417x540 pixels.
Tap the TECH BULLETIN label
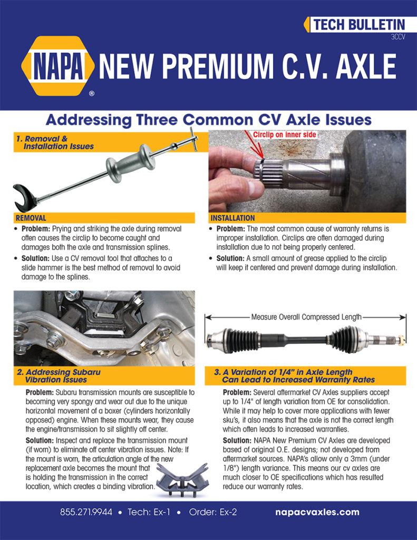359,24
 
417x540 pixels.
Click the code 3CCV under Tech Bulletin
397,37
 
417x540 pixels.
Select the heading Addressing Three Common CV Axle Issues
208,119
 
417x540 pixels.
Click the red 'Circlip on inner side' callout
285,135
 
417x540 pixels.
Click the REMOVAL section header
31,218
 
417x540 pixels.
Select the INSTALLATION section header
232,218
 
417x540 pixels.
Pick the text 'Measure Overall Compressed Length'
306,317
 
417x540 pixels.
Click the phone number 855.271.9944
85,512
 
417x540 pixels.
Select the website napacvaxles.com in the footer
317,512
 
